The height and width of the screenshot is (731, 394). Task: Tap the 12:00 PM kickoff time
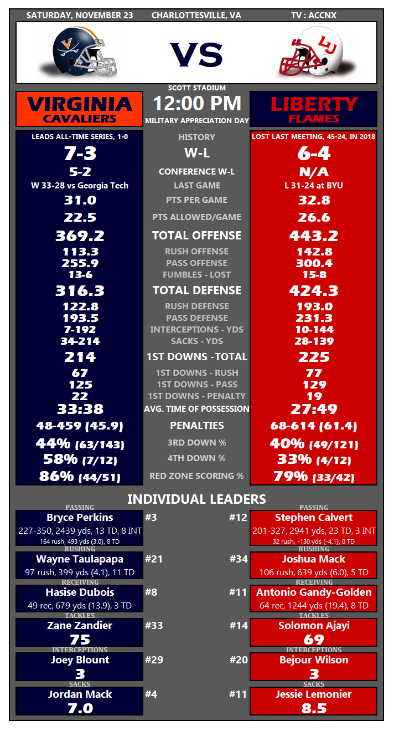tap(197, 104)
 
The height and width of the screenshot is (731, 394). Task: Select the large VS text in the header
tap(196, 54)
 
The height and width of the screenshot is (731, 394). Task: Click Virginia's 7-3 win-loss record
tap(80, 154)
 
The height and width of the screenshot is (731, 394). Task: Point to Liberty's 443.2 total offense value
tap(313, 236)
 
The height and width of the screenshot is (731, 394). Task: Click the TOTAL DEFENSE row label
tap(197, 290)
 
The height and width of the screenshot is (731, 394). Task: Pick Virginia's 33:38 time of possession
tap(80, 410)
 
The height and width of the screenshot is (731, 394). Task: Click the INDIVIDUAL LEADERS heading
tap(196, 499)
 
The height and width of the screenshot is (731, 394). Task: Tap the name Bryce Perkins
tap(80, 518)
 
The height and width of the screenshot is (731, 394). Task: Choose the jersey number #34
tap(239, 559)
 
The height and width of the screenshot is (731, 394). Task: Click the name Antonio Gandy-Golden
tap(314, 592)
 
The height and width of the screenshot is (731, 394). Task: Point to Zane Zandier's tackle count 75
tap(80, 640)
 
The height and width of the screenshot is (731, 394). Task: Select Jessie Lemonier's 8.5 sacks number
tap(314, 708)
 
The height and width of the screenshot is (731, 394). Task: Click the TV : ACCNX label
tap(313, 16)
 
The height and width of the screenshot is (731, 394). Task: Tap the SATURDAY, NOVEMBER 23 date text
tap(80, 16)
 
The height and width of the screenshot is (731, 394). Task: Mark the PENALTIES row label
tap(197, 426)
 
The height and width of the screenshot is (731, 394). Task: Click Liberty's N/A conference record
tap(314, 172)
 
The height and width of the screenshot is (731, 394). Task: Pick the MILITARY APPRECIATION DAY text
tap(197, 121)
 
